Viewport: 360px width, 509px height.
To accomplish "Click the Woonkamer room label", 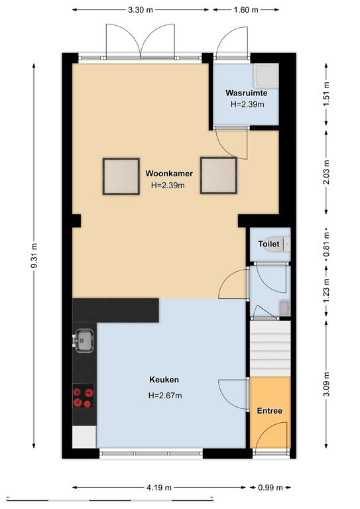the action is pos(169,174).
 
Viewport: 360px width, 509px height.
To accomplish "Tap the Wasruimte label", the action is pos(247,93).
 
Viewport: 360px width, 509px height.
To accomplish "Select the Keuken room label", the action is pos(164,380).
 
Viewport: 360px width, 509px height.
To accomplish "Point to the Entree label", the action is pos(269,411).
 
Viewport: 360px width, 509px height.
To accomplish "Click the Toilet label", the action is pos(269,243).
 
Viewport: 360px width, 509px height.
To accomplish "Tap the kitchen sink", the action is pos(84,340).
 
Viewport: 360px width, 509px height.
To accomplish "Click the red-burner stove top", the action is pos(83,396).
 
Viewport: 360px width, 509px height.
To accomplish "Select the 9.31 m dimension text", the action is pos(34,255).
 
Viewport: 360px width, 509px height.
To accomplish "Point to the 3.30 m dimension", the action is pos(141,10).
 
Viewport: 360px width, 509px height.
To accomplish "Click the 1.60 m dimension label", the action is pos(246,10).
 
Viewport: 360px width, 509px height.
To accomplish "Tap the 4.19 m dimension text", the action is pos(158,487).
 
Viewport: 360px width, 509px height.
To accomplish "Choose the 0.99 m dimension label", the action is pos(270,487).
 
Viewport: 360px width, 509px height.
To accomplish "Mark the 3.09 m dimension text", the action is pos(326,384).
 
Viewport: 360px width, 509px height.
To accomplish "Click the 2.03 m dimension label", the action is pos(326,172).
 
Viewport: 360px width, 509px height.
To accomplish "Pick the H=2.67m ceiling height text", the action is pos(165,396).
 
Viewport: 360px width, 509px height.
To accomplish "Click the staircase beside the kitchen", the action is pos(270,349).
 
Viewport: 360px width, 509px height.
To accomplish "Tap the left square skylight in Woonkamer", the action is pos(121,176).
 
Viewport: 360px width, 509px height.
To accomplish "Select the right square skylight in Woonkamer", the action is pos(219,175).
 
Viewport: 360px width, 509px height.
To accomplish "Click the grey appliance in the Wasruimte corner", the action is pos(266,76).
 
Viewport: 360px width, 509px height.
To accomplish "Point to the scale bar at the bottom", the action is pos(109,499).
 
